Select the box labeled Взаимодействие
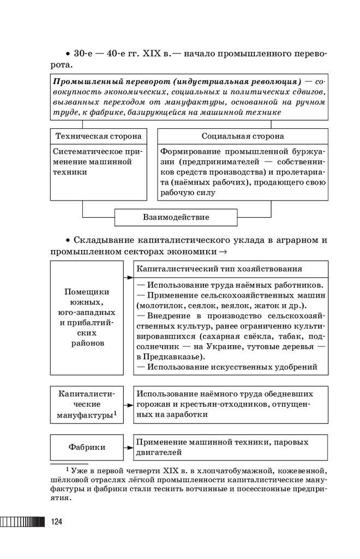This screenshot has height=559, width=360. click(176, 217)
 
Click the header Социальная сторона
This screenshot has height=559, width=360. click(243, 136)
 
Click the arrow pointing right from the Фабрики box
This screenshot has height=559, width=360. click(129, 447)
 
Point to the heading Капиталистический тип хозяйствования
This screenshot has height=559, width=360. click(219, 269)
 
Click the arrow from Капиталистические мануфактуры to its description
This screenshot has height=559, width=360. click(129, 406)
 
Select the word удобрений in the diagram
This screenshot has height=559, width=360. click(295, 367)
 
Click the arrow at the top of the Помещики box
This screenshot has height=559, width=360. click(129, 277)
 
